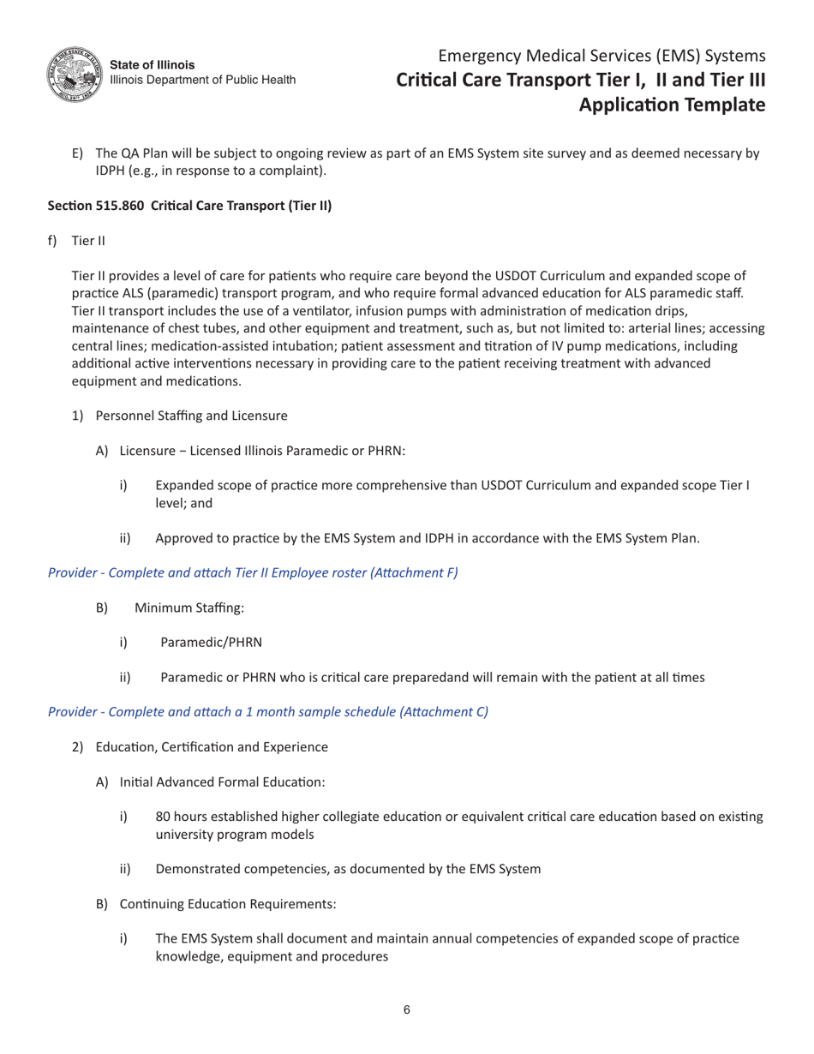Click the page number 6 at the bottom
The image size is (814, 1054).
pyautogui.click(x=407, y=1009)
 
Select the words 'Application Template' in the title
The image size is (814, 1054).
pyautogui.click(x=672, y=105)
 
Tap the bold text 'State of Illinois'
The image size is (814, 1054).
pyautogui.click(x=153, y=65)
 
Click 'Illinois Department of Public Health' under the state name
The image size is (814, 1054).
pyautogui.click(x=203, y=80)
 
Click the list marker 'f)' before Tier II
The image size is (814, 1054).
pyautogui.click(x=53, y=241)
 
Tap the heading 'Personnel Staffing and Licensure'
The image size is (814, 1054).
pyautogui.click(x=191, y=416)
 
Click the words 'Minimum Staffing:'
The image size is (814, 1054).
pyautogui.click(x=189, y=608)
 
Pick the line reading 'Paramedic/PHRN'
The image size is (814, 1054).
pyautogui.click(x=211, y=643)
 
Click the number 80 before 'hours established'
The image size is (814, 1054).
pyautogui.click(x=163, y=817)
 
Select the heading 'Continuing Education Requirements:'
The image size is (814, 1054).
pyautogui.click(x=228, y=904)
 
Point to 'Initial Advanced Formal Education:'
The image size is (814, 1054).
pyautogui.click(x=222, y=782)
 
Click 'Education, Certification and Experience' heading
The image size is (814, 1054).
pyautogui.click(x=212, y=747)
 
